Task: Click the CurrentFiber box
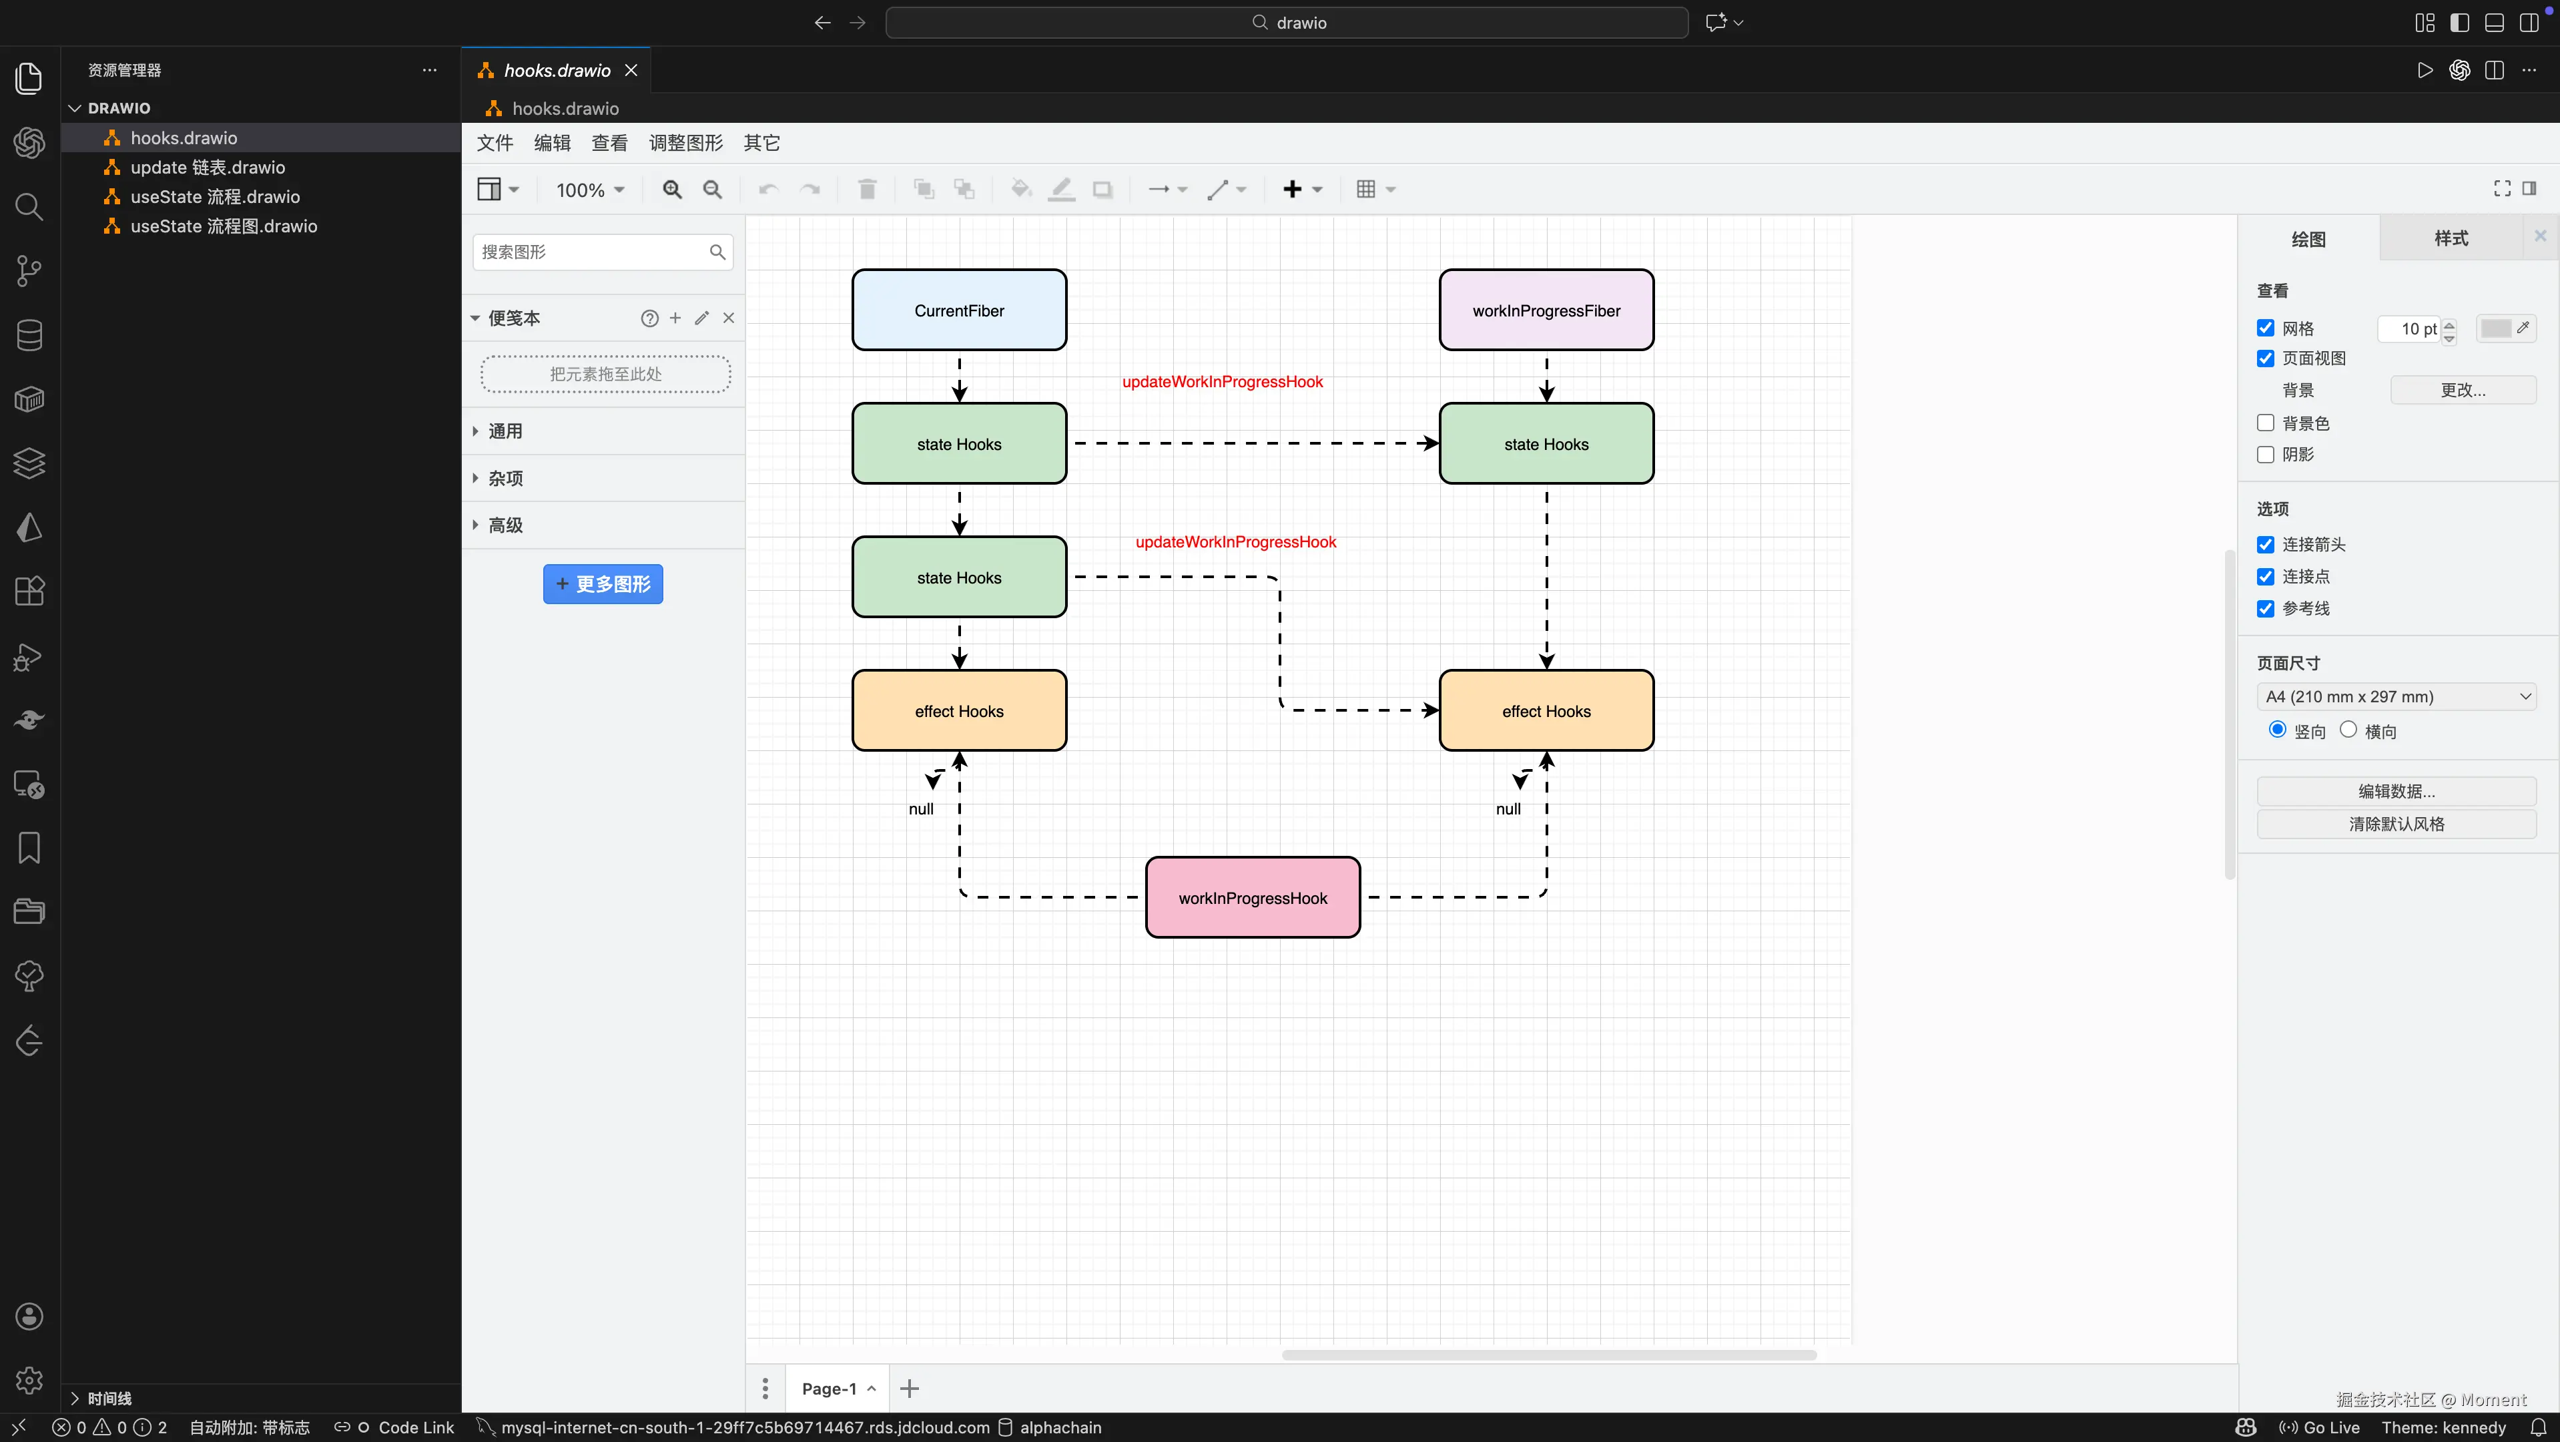tap(959, 310)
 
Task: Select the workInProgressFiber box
tap(1546, 310)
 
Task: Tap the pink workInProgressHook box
tap(1252, 897)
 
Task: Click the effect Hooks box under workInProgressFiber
tap(1546, 710)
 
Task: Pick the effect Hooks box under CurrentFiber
tap(959, 710)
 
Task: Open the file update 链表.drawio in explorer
tap(208, 167)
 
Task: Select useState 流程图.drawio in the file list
tap(224, 226)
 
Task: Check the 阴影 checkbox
tap(2266, 454)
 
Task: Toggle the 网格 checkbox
tap(2266, 328)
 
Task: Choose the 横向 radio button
tap(2348, 730)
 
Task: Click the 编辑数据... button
tap(2396, 791)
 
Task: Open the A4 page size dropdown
tap(2396, 697)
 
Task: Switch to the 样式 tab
tap(2451, 238)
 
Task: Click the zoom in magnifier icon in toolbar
tap(673, 189)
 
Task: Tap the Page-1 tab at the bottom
tap(829, 1389)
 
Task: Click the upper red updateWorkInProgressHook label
tap(1223, 382)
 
